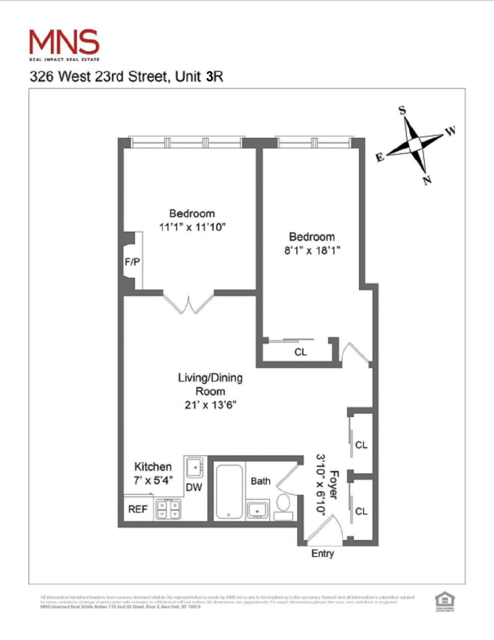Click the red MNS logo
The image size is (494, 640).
point(64,42)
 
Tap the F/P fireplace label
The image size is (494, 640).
point(132,262)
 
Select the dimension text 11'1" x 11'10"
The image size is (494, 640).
point(192,227)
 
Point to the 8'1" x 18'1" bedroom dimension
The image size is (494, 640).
point(312,250)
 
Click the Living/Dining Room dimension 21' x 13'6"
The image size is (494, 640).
point(210,405)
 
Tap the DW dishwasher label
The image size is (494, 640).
point(194,487)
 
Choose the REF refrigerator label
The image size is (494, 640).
point(137,509)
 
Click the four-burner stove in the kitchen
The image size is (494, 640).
point(168,509)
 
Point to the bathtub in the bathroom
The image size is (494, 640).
point(229,491)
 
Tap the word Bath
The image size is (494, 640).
point(261,481)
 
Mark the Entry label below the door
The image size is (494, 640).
point(322,553)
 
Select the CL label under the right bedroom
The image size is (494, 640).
point(301,352)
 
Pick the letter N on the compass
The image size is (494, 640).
point(427,180)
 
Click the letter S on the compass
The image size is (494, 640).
point(402,111)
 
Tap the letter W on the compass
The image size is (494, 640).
point(450,131)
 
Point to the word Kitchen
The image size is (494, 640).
point(153,467)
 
